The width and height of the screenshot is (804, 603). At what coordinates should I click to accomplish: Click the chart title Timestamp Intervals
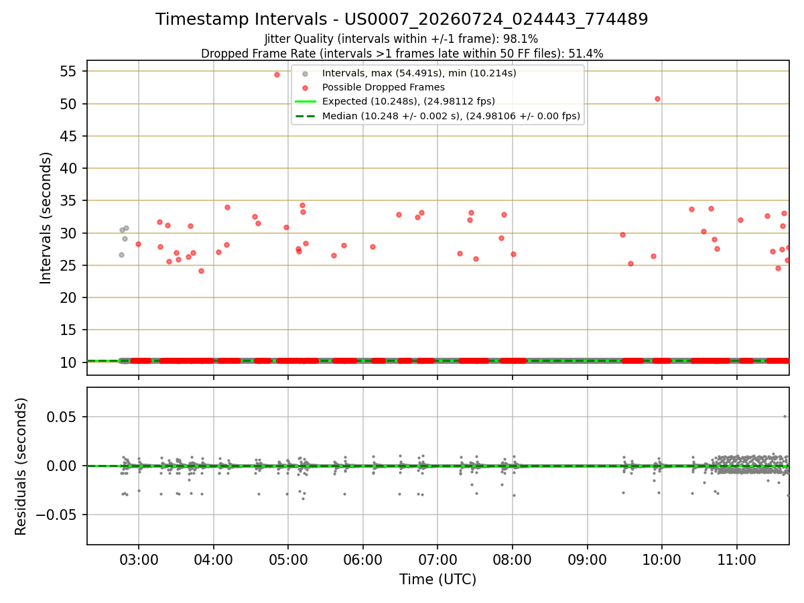[x=241, y=19]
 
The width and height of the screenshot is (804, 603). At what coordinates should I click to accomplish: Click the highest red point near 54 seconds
[x=277, y=74]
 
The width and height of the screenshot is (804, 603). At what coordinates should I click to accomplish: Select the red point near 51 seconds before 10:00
[x=657, y=99]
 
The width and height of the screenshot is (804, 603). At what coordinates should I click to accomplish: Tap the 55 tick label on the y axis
[x=68, y=71]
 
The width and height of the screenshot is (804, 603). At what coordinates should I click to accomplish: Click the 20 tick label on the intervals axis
[x=68, y=297]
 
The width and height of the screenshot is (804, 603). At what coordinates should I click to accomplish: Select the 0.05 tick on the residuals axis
[x=62, y=417]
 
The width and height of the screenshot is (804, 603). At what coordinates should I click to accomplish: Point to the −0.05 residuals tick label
[x=56, y=515]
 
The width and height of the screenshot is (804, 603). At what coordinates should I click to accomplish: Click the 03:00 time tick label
[x=139, y=560]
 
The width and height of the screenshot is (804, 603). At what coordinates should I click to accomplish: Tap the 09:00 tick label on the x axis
[x=587, y=560]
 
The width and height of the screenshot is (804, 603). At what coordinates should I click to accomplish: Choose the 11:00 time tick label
[x=736, y=560]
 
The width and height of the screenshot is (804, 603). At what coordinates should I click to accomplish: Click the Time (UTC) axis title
[x=438, y=579]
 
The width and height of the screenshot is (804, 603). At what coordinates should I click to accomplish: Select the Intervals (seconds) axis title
[x=46, y=218]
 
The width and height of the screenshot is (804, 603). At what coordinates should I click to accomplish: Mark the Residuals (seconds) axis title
[x=21, y=466]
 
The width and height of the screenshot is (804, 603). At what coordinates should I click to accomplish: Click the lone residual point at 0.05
[x=785, y=417]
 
